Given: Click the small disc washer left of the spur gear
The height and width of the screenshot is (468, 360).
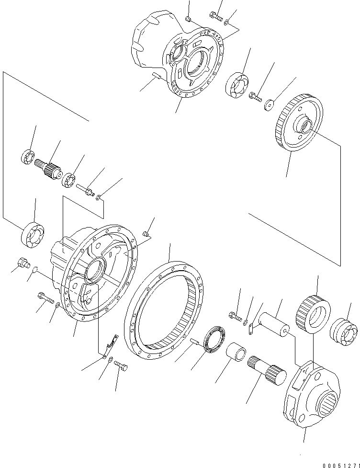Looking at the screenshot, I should coord(270,104).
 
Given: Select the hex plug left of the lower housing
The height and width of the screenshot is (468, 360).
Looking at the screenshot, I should coord(22,262).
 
